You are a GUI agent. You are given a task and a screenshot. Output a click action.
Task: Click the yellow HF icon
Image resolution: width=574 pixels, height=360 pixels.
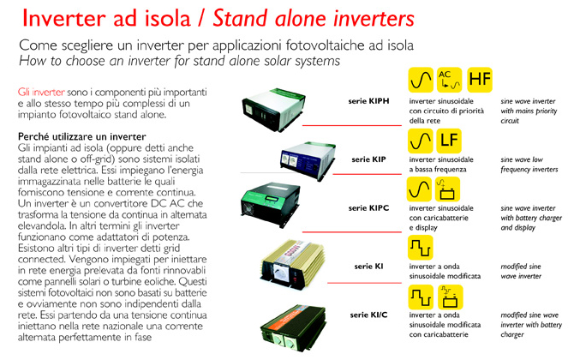tap(480, 80)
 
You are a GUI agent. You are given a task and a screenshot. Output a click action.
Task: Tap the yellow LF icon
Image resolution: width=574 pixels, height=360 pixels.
tap(449, 141)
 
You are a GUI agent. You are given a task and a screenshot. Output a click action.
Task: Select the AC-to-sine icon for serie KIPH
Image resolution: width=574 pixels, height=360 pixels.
tap(450, 80)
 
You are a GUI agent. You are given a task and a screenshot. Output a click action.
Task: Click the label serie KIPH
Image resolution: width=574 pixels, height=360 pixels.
tap(368, 101)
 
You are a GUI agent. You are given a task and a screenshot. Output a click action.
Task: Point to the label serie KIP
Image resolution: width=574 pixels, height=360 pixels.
tap(368, 159)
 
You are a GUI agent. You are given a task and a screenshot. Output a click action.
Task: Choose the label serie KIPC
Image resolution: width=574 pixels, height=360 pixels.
tap(368, 208)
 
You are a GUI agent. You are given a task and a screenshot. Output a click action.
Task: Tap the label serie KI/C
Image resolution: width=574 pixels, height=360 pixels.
tap(368, 315)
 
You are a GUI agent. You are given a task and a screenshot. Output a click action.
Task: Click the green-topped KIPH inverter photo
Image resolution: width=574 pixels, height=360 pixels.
tap(273, 109)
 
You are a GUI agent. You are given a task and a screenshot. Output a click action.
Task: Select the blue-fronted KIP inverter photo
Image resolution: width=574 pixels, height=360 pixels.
tap(308, 160)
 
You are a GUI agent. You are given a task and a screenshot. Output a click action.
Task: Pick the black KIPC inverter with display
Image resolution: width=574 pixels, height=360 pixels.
tap(271, 204)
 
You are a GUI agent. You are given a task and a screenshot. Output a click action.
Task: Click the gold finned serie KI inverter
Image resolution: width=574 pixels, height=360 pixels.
tap(292, 263)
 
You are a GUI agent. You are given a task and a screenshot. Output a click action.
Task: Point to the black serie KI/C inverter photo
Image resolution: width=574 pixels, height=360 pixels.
tap(293, 328)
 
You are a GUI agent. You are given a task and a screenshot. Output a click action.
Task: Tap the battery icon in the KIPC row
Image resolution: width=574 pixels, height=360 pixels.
tap(447, 189)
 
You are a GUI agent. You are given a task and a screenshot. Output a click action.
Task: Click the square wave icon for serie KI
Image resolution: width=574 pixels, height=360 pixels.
tap(421, 248)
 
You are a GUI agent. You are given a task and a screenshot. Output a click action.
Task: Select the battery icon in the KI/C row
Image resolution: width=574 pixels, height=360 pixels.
tap(451, 297)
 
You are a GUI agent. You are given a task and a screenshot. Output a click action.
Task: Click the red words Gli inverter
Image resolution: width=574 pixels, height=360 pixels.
tap(41, 92)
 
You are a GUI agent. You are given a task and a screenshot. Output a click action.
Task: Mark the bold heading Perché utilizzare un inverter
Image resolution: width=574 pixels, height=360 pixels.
tap(82, 136)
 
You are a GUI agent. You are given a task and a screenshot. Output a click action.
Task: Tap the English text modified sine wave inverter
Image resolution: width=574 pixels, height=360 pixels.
tap(521, 272)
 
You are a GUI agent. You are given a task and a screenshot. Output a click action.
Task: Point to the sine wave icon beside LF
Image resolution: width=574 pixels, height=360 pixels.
tap(421, 141)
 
